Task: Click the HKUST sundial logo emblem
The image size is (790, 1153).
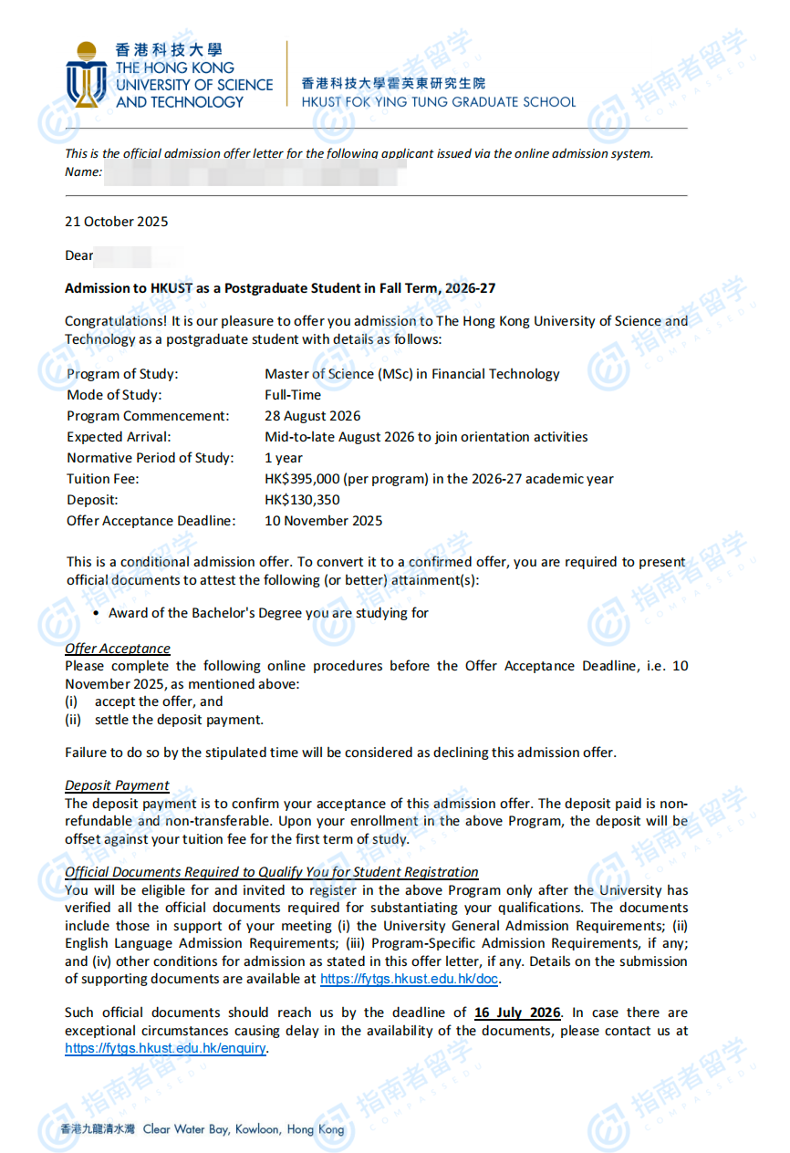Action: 87,74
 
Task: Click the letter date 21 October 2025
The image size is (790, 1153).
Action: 117,222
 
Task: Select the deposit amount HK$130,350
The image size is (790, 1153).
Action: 303,500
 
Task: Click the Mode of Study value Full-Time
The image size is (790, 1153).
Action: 293,395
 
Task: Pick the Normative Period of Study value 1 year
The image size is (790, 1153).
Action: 284,458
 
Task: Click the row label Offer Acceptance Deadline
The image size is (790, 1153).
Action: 151,521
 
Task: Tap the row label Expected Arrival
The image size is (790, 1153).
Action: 119,437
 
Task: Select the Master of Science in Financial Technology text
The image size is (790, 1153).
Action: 411,374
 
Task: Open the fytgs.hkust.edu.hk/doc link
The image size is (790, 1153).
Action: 410,980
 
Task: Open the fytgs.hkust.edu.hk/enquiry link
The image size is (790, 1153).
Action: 165,1048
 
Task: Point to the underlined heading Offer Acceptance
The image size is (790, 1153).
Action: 118,649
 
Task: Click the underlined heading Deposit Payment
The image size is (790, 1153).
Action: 117,785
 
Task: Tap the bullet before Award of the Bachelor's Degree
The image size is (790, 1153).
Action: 96,614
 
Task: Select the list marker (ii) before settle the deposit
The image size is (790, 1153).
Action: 73,720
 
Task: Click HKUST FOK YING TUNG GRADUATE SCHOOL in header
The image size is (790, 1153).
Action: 439,102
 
